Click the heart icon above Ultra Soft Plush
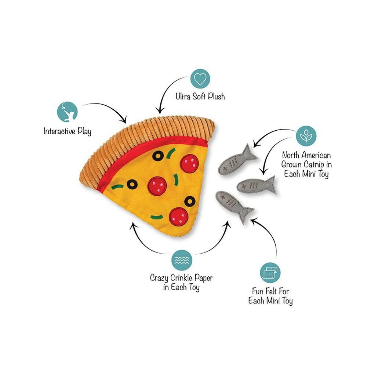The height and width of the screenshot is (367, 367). pos(200,79)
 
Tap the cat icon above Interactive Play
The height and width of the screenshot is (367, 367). pos(67,111)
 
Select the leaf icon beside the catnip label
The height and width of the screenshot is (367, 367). pos(306,136)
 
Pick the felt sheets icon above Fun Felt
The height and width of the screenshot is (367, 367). pos(270,272)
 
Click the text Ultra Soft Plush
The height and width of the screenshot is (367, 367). pos(200,97)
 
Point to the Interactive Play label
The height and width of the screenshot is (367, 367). pos(67,131)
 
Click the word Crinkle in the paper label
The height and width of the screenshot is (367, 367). pos(181,278)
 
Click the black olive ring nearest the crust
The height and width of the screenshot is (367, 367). pos(158,156)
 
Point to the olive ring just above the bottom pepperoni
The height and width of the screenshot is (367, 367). pos(190,201)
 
